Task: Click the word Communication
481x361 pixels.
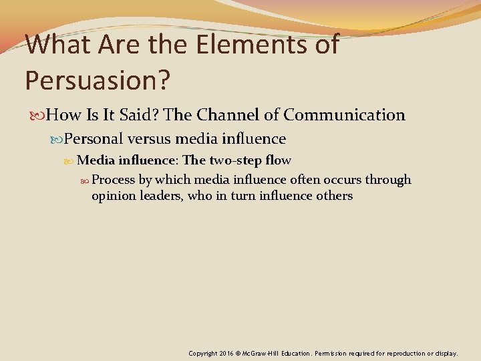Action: [x=344, y=115]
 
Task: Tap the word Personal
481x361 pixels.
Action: [x=94, y=139]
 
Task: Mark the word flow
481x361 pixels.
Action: [x=278, y=160]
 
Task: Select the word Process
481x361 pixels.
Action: [x=113, y=180]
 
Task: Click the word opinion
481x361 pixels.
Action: [x=114, y=197]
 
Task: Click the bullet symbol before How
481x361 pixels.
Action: [x=37, y=116]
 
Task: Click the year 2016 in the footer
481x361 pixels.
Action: [x=226, y=353]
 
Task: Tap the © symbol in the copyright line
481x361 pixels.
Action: [x=239, y=353]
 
